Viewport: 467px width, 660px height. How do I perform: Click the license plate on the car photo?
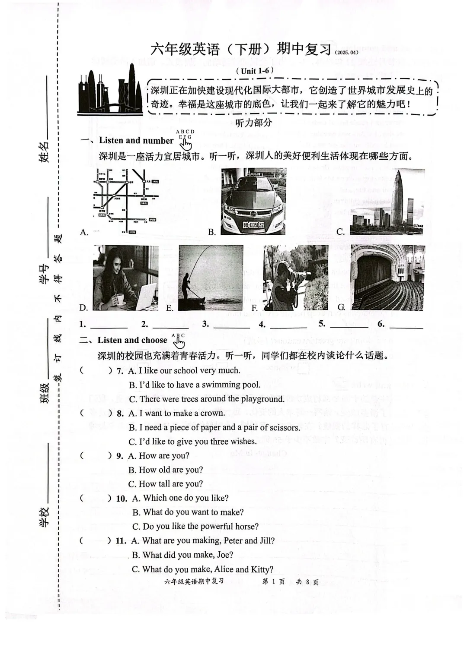(x=253, y=225)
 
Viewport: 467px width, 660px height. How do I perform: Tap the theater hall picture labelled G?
(x=387, y=278)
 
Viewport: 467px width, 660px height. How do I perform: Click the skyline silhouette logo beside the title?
(x=110, y=92)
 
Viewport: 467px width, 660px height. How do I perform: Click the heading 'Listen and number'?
(x=136, y=141)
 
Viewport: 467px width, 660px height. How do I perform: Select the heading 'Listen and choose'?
(x=132, y=340)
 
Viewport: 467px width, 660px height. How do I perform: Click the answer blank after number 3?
(x=231, y=325)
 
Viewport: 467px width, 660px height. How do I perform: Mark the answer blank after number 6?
(x=406, y=325)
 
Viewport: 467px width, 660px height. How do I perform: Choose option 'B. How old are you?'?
(x=166, y=470)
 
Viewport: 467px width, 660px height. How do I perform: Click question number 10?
(x=122, y=499)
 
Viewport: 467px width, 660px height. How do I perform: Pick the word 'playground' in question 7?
(x=262, y=399)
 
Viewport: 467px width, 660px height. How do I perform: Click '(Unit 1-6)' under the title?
(x=255, y=71)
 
